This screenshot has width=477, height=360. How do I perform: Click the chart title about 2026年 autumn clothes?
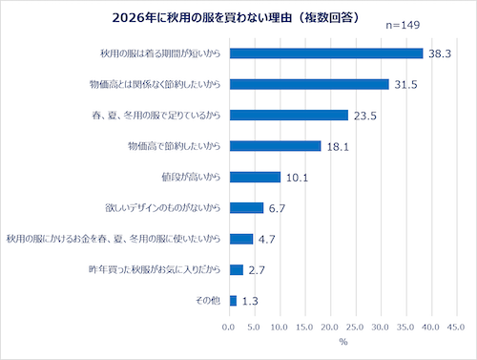(236, 18)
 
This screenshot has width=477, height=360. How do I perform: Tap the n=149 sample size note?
(403, 25)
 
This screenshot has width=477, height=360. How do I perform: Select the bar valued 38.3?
(326, 53)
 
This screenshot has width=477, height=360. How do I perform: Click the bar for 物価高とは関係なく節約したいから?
(309, 84)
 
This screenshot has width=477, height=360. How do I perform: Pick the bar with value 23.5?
(289, 116)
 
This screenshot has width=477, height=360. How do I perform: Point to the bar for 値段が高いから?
(255, 177)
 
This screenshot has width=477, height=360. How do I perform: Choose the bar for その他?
(233, 301)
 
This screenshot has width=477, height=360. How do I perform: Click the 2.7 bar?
(237, 269)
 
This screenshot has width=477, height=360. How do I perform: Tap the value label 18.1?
(338, 147)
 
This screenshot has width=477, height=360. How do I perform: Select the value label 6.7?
(277, 208)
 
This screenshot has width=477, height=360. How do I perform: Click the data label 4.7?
(266, 240)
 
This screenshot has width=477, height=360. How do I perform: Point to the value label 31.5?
(405, 85)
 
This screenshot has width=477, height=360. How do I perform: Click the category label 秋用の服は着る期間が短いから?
(160, 53)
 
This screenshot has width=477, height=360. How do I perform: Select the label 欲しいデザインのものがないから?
(163, 208)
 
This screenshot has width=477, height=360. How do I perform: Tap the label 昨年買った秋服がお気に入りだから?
(155, 269)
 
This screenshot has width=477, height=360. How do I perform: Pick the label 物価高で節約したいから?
(175, 146)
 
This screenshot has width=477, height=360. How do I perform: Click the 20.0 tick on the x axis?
(330, 328)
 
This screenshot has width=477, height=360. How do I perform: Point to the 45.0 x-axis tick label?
(456, 328)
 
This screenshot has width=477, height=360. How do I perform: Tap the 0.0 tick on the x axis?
(228, 328)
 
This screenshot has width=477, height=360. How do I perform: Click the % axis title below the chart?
(343, 342)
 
